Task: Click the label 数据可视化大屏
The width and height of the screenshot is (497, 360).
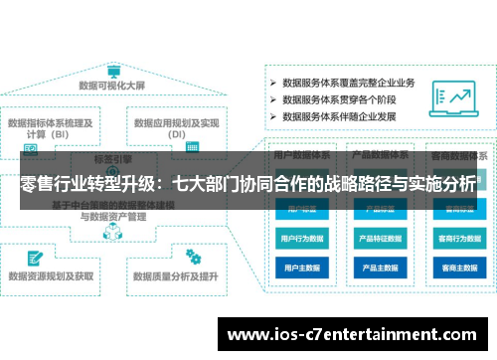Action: pyautogui.click(x=113, y=87)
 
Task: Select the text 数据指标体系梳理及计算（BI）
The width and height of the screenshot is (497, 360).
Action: pyautogui.click(x=51, y=128)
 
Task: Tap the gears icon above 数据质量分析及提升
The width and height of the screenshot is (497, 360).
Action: pyautogui.click(x=189, y=254)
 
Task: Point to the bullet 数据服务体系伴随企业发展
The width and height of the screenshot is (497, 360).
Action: pyautogui.click(x=344, y=115)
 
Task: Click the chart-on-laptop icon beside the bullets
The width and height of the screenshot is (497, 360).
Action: pyautogui.click(x=458, y=98)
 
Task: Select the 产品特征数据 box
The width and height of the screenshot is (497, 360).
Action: pyautogui.click(x=379, y=239)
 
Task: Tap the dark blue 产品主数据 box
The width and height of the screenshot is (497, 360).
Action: pyautogui.click(x=379, y=268)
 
